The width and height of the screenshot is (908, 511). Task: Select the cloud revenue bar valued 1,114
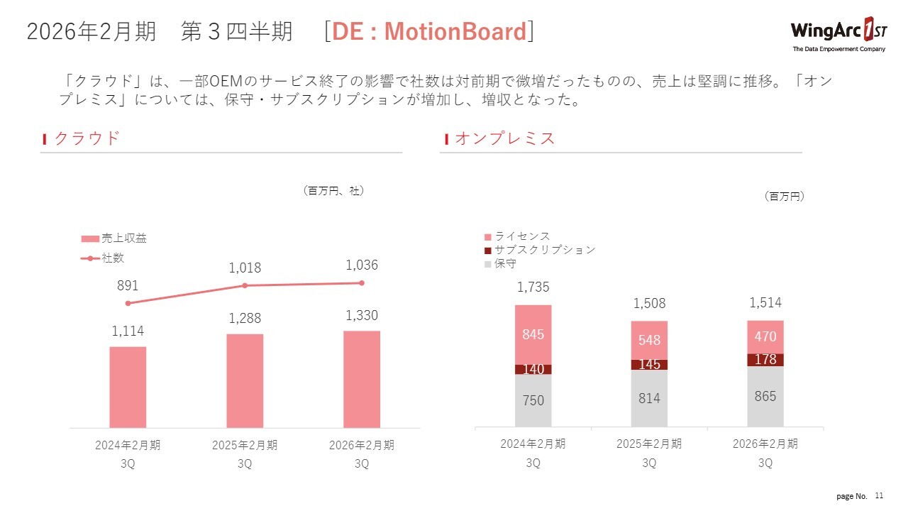[128, 387]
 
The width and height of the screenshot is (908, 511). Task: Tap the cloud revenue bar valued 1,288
[245, 380]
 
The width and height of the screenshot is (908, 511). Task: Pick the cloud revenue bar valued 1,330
[362, 379]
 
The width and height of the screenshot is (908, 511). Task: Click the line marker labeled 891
[128, 303]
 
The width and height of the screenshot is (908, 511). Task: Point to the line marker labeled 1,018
[245, 285]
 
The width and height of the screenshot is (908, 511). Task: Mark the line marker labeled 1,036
[362, 283]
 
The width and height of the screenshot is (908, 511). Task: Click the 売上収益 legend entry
[113, 238]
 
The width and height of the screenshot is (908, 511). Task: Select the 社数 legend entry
[103, 258]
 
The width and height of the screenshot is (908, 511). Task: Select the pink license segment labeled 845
[533, 334]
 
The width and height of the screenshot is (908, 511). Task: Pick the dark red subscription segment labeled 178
[765, 360]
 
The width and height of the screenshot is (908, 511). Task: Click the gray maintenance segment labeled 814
[649, 398]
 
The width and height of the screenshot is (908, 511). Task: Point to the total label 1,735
[533, 287]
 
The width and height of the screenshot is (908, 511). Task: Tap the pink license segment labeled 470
[765, 337]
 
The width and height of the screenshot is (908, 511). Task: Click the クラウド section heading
[87, 138]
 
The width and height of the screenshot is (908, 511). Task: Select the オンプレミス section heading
[504, 138]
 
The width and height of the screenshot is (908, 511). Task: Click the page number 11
[880, 495]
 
